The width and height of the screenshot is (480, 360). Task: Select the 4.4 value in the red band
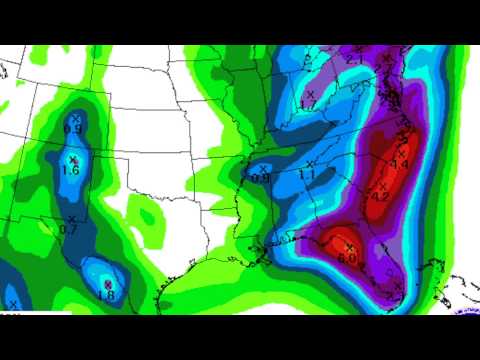[x=400, y=163]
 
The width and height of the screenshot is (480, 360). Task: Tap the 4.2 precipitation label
[x=381, y=196]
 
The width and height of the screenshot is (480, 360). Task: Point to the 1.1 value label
[x=307, y=175]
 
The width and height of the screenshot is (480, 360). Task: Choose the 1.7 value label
[x=309, y=104]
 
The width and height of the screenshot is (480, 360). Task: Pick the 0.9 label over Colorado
[x=73, y=129]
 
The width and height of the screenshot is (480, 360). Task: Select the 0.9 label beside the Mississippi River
[x=261, y=178]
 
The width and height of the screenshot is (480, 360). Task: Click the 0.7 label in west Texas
[x=69, y=230]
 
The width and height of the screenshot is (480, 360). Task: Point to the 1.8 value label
[x=108, y=296]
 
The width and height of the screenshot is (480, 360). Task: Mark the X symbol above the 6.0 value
[x=349, y=246]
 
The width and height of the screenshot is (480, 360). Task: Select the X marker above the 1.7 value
[x=309, y=93]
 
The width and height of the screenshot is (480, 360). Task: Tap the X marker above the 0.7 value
[x=70, y=219]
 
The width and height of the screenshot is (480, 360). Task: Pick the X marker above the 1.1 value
[x=310, y=163]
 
